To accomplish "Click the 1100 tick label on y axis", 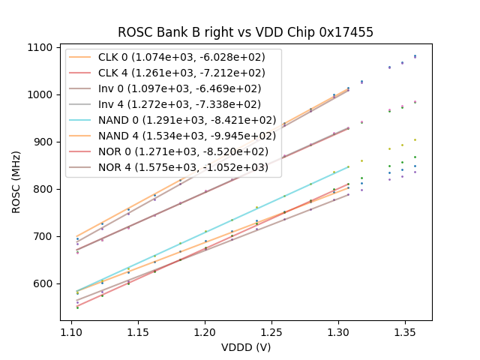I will point(40,47).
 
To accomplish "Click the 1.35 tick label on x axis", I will point(405,331).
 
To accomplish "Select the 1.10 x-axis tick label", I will point(71,331).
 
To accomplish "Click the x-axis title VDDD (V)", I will point(246,347).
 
